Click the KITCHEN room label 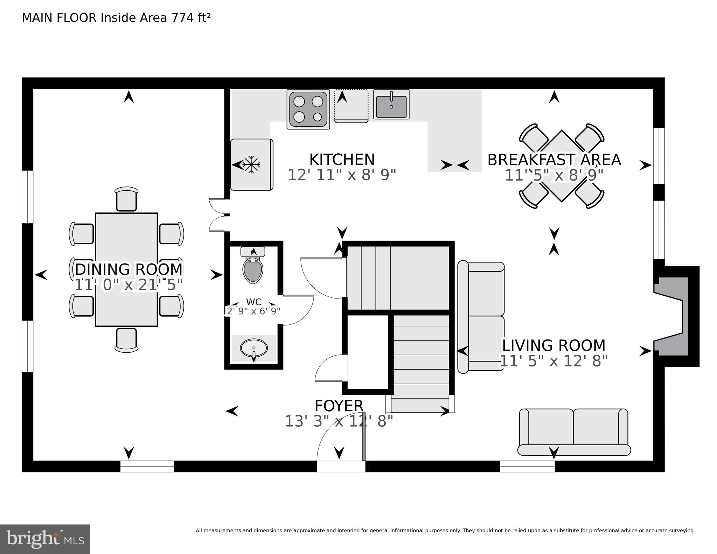point(342,160)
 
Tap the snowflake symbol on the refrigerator point(251,164)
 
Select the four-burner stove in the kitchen point(308,109)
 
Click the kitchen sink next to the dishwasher point(391,104)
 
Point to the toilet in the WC point(253,268)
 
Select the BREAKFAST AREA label point(554,160)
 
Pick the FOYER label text point(339,406)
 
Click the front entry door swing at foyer point(338,441)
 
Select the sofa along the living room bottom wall point(574,432)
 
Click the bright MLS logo point(45,539)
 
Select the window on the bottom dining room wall point(147,466)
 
